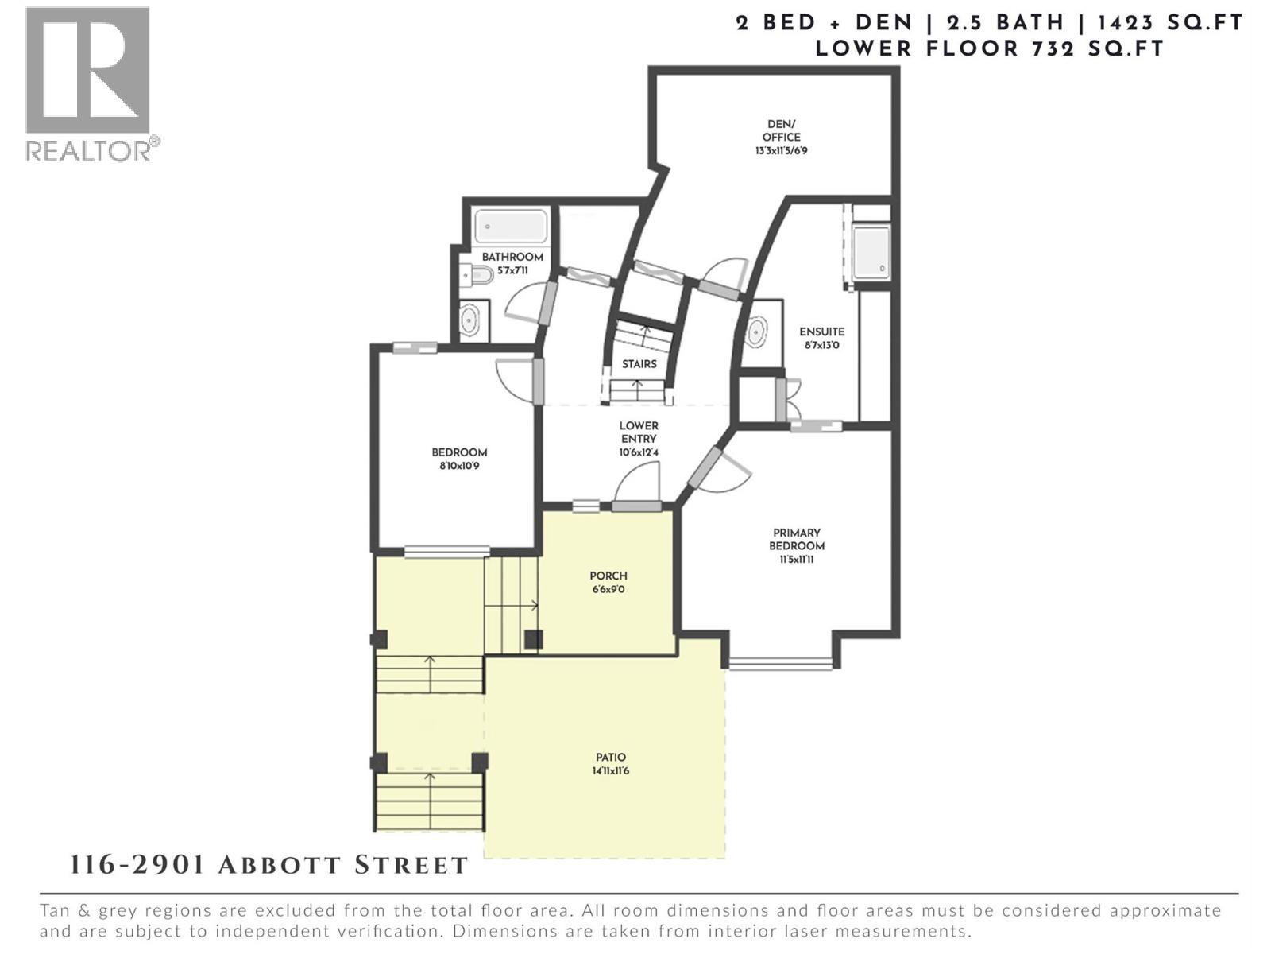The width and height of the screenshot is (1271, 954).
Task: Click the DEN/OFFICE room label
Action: click(781, 130)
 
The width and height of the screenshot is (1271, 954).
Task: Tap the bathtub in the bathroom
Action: click(511, 227)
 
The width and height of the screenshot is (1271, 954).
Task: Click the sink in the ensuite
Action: click(757, 329)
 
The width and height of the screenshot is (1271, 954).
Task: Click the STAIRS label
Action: click(639, 364)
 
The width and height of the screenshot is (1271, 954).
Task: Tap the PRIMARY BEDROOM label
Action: click(796, 540)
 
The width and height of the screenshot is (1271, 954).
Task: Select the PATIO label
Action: click(610, 758)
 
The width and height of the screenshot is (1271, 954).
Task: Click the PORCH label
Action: click(608, 576)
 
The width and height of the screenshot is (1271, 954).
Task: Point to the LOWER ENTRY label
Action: click(639, 432)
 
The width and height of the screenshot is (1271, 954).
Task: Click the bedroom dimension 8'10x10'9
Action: click(459, 466)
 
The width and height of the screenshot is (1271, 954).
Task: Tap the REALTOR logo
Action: click(89, 83)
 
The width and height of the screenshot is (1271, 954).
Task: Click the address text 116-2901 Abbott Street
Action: click(269, 865)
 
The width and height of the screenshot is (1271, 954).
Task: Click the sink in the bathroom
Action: click(469, 320)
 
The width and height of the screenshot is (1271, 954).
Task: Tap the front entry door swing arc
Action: click(639, 482)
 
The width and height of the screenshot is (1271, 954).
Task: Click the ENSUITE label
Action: click(822, 332)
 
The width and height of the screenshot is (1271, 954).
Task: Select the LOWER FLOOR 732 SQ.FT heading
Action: click(989, 48)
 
